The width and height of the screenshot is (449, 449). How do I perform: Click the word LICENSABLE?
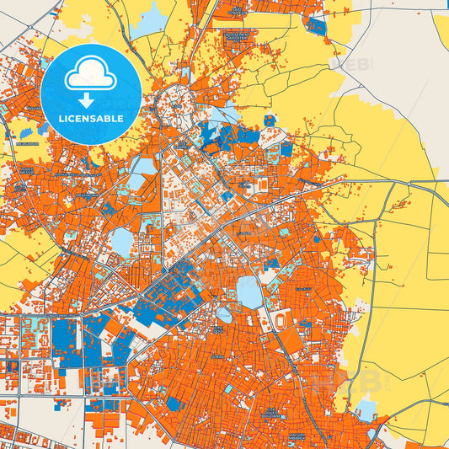(x=90, y=118)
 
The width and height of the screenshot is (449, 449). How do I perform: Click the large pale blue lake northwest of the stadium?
(x=249, y=291)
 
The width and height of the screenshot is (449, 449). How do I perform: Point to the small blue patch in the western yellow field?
(x=26, y=133)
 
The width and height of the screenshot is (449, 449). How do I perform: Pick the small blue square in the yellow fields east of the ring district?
(x=269, y=120)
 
